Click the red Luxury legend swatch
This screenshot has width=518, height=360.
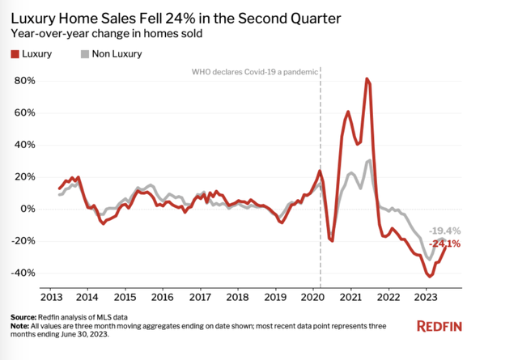15,54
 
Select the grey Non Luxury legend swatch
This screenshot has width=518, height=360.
84,54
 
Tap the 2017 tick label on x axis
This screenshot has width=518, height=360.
200,295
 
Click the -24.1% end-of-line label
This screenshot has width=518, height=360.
445,244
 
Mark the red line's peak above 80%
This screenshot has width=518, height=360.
367,79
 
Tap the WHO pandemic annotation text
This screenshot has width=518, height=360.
254,72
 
